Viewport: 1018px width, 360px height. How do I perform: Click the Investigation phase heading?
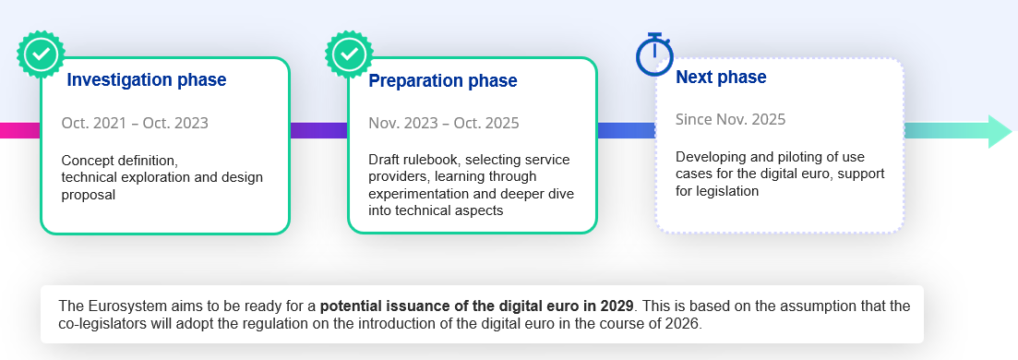[x=147, y=80]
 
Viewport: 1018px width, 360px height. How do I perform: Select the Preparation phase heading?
[x=442, y=81]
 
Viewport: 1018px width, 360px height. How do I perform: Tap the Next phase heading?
[x=721, y=77]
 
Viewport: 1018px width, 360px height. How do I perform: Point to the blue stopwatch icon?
[x=654, y=55]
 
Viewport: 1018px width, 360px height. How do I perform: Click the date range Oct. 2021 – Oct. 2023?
[x=135, y=123]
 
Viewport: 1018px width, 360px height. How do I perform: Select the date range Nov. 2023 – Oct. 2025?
[x=443, y=123]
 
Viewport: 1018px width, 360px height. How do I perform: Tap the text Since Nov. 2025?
[x=730, y=119]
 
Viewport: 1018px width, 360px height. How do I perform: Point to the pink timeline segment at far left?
[x=18, y=130]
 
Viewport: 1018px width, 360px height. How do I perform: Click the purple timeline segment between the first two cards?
[x=318, y=130]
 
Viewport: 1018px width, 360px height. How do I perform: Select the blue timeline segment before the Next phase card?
[x=626, y=130]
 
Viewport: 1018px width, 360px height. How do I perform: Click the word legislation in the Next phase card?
[x=726, y=191]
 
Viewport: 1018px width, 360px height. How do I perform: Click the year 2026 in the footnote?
[x=684, y=325]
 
